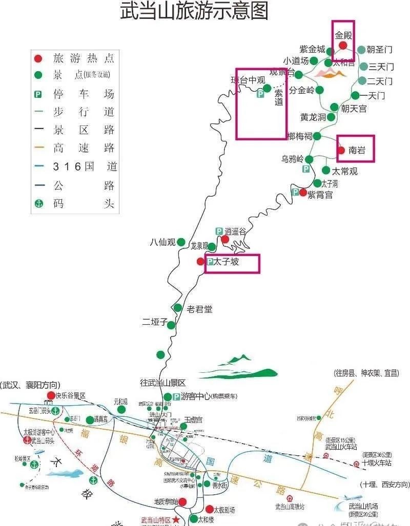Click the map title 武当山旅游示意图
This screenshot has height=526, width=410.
tap(194, 11)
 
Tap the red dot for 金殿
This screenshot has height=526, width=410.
tap(343, 45)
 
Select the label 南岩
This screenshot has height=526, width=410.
tap(357, 151)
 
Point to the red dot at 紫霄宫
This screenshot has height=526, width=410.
tap(303, 193)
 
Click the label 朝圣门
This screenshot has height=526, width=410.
tap(380, 50)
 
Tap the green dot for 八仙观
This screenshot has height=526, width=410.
tap(181, 242)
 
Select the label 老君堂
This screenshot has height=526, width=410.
tap(199, 309)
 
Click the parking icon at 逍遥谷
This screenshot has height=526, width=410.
tap(219, 232)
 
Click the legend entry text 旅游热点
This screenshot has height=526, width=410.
tap(84, 58)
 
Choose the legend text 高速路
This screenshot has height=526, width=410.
tap(84, 149)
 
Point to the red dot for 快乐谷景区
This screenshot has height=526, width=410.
tap(51, 395)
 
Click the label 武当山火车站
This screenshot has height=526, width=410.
tap(340, 447)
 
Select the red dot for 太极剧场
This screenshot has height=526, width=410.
tap(209, 509)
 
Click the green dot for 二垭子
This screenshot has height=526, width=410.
tap(171, 325)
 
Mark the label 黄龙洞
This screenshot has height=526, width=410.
tap(313, 117)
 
